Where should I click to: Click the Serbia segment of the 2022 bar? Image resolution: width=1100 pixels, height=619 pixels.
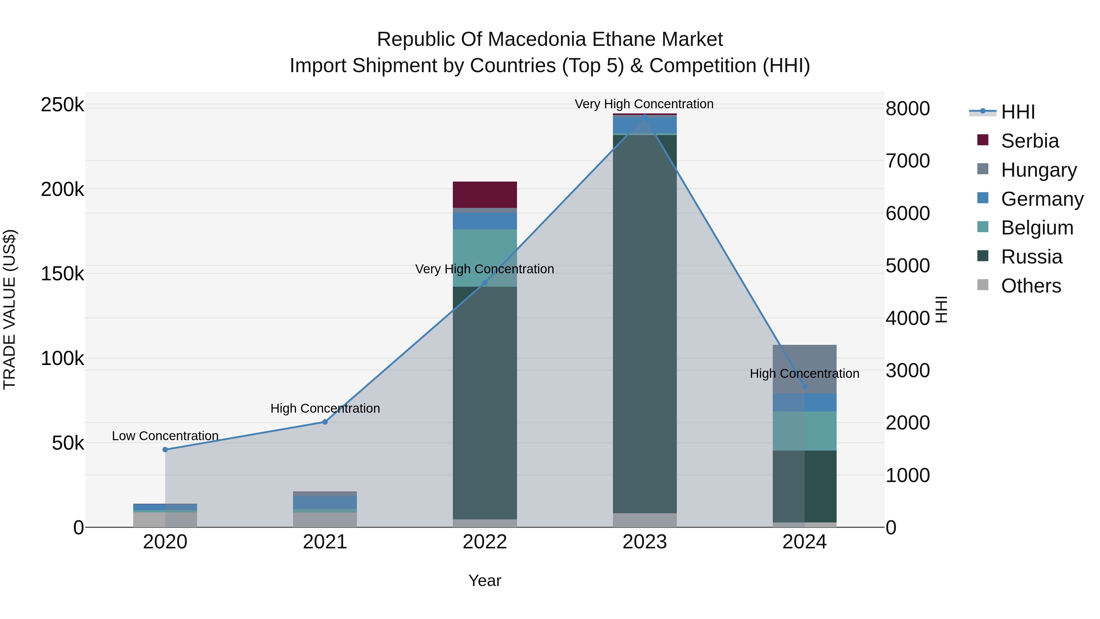pos(485,194)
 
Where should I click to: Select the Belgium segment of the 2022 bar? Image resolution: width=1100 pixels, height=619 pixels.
pos(485,258)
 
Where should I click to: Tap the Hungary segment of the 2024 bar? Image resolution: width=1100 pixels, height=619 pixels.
pos(805,369)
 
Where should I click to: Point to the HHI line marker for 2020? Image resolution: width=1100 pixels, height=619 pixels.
pos(165,449)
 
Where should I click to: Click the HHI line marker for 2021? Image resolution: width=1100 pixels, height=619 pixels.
pos(325,422)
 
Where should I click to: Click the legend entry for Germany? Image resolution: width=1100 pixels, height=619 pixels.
pos(1042,199)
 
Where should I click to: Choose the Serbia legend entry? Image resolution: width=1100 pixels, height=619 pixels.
pos(1029,141)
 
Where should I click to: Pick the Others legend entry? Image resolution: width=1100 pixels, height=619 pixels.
pos(1030,286)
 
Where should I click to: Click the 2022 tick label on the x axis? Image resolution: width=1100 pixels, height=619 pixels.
pos(485,542)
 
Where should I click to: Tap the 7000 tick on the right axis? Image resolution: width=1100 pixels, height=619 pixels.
pos(908,161)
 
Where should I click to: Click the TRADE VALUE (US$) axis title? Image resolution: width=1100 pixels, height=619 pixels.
pos(9,309)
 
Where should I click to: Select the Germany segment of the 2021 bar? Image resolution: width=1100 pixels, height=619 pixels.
pos(325,502)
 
